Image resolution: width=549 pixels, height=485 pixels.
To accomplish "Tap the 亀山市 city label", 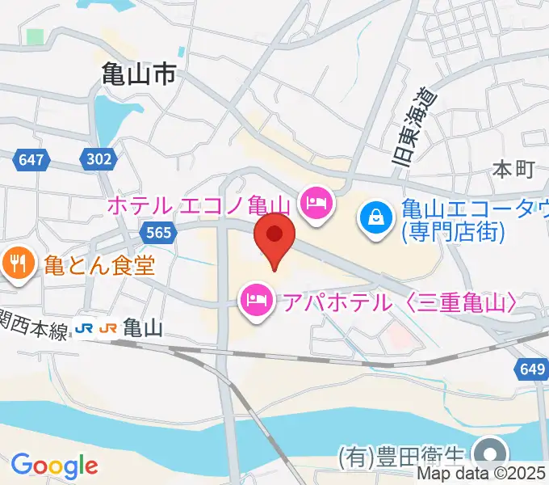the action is [139, 76].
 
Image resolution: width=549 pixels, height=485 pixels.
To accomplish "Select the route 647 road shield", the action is [31, 159].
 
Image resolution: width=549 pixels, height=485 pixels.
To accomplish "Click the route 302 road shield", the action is [98, 159].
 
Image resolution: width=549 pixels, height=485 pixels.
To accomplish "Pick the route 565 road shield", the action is [159, 233].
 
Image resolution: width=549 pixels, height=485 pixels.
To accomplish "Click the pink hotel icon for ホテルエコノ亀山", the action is [315, 201].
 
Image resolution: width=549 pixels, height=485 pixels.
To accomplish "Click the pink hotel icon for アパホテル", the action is [256, 302].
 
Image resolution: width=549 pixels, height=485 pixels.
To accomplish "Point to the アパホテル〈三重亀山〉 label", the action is [399, 303].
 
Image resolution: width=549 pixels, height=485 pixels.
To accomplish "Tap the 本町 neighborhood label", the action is [513, 169].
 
